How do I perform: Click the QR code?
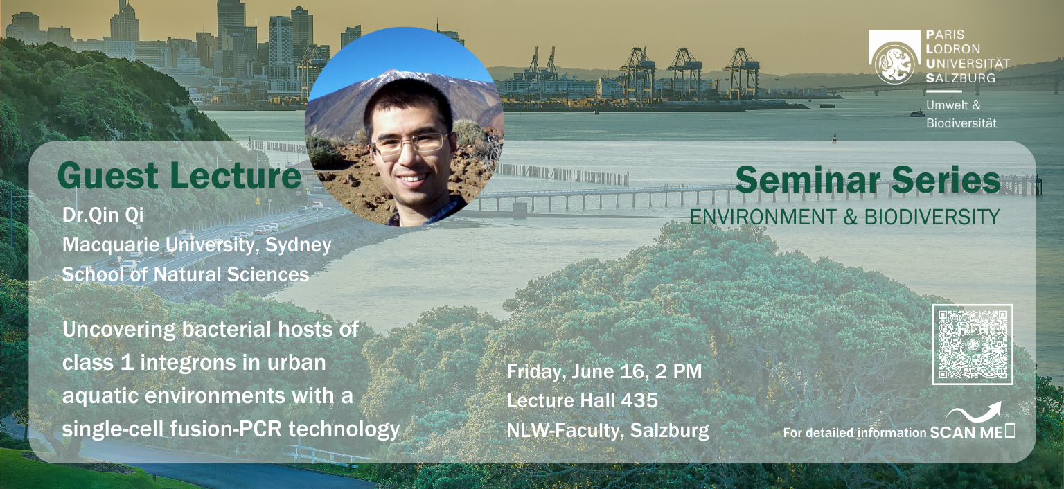click(x=973, y=344)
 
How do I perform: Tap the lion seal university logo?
click(x=895, y=62)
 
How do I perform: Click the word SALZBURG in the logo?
click(x=961, y=78)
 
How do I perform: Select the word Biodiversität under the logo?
click(x=961, y=123)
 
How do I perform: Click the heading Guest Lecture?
click(x=179, y=176)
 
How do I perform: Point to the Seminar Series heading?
click(x=868, y=180)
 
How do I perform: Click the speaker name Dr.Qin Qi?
click(x=103, y=215)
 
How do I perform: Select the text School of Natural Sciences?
click(x=186, y=274)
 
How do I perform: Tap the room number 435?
click(x=639, y=401)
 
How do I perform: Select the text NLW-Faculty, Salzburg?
click(x=608, y=431)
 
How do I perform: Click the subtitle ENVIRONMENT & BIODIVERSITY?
click(x=844, y=217)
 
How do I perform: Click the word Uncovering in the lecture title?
click(x=118, y=330)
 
